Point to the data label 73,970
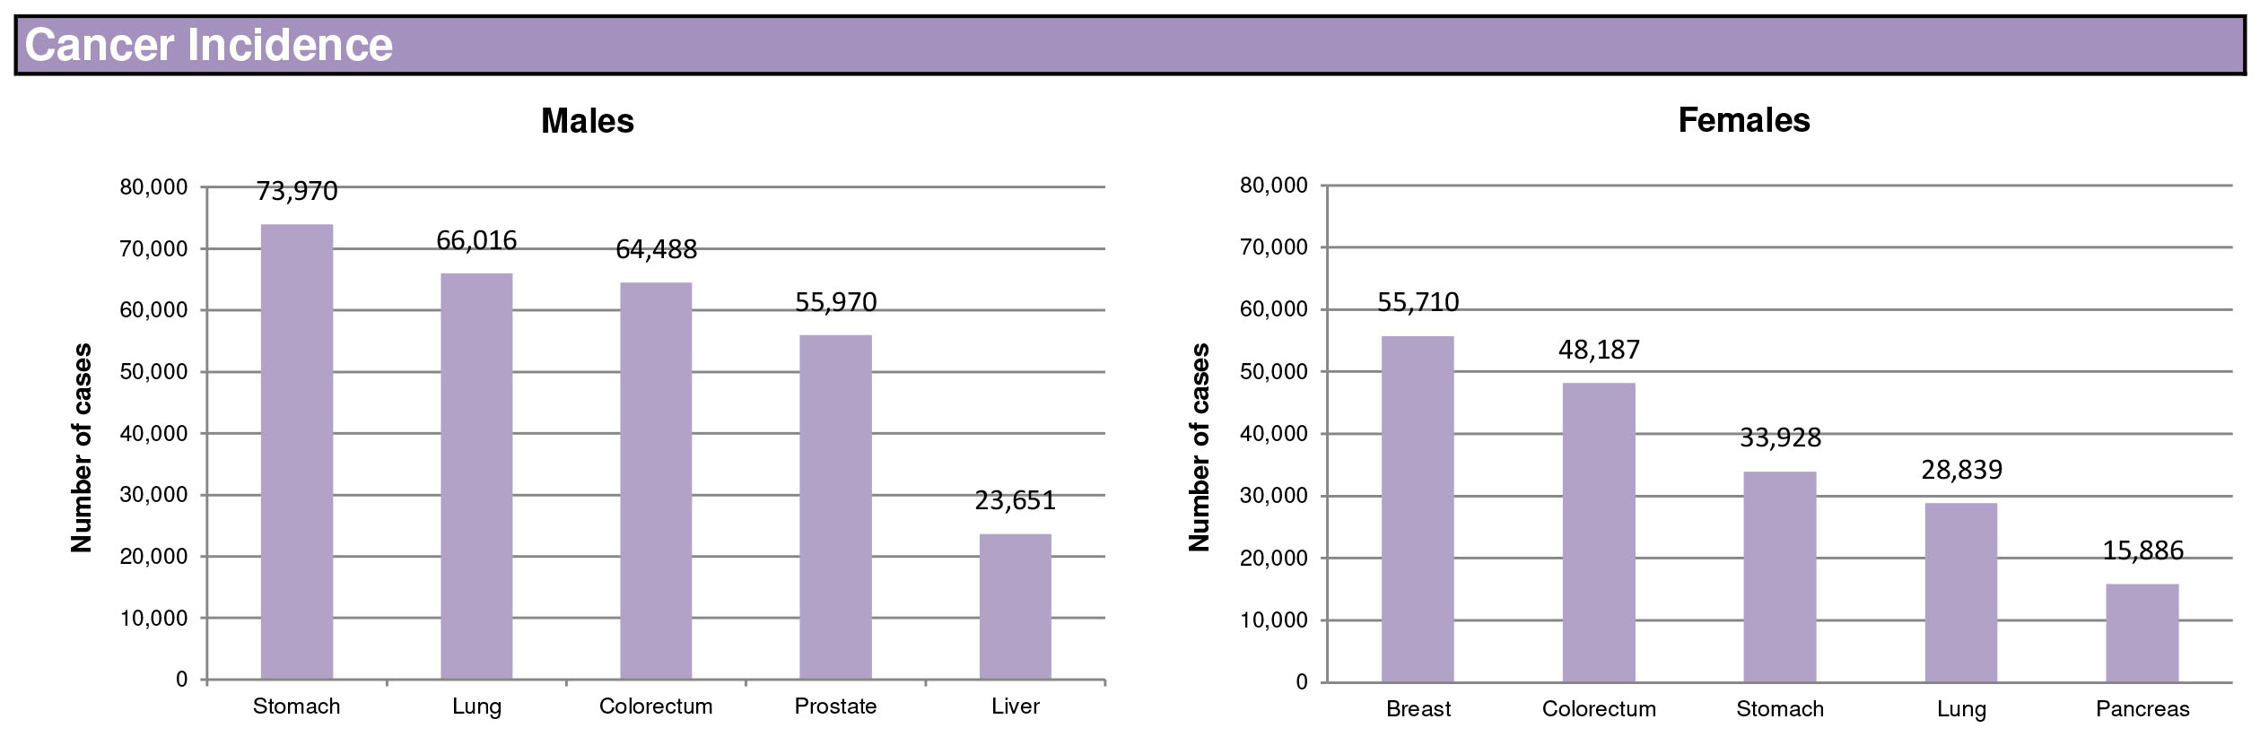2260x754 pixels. point(297,191)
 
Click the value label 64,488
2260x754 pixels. point(656,249)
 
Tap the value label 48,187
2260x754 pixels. point(1599,350)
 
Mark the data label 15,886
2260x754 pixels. point(2142,550)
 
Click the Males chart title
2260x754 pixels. point(588,121)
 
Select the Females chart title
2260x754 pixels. point(1743,120)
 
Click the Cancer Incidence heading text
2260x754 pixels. point(208,45)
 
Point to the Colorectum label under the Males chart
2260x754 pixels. point(656,706)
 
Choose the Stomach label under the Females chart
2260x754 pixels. point(1780,709)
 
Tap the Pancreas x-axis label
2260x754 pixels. point(2142,709)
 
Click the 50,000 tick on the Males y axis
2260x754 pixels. point(153,372)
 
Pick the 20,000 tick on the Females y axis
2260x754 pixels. point(1273,559)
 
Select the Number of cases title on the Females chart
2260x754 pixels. point(1200,446)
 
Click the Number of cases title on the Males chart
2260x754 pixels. point(82,446)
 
